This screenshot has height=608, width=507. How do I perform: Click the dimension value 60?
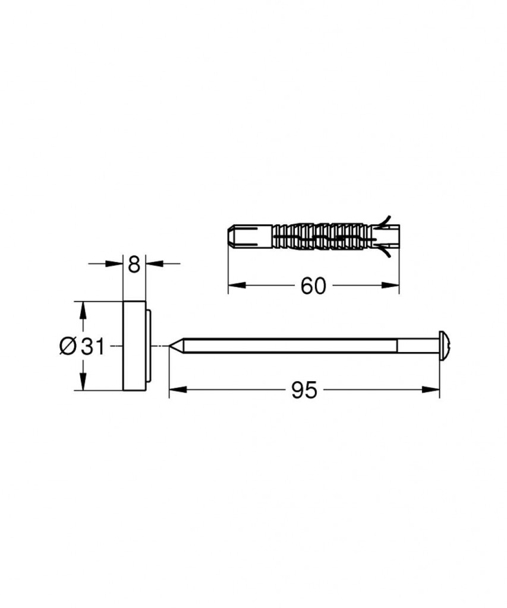[x=313, y=287]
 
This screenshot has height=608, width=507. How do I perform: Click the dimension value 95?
[x=304, y=390]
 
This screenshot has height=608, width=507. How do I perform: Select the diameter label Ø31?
[x=82, y=346]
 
